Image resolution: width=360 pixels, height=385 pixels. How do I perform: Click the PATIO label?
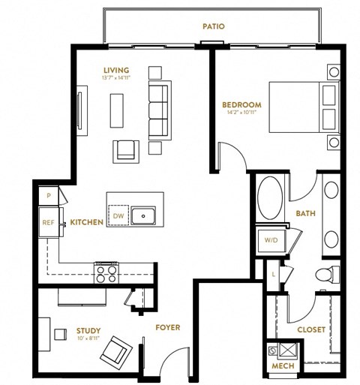(x=213, y=26)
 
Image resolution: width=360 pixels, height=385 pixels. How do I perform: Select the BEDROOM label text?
(x=241, y=104)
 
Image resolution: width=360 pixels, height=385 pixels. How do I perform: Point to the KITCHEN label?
(x=86, y=222)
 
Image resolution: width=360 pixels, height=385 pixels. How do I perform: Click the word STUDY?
(x=88, y=329)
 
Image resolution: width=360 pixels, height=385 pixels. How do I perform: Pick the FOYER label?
(x=166, y=327)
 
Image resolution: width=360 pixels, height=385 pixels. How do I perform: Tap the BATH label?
(x=305, y=214)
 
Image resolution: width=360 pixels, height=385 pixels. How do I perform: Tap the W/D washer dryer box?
(x=270, y=240)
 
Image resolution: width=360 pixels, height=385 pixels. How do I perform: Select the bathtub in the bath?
(x=268, y=198)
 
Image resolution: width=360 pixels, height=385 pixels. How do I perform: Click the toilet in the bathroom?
(x=325, y=275)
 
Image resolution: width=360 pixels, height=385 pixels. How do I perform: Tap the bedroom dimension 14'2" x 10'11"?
(x=241, y=113)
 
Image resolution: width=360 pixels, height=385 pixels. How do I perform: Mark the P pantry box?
(x=49, y=194)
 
